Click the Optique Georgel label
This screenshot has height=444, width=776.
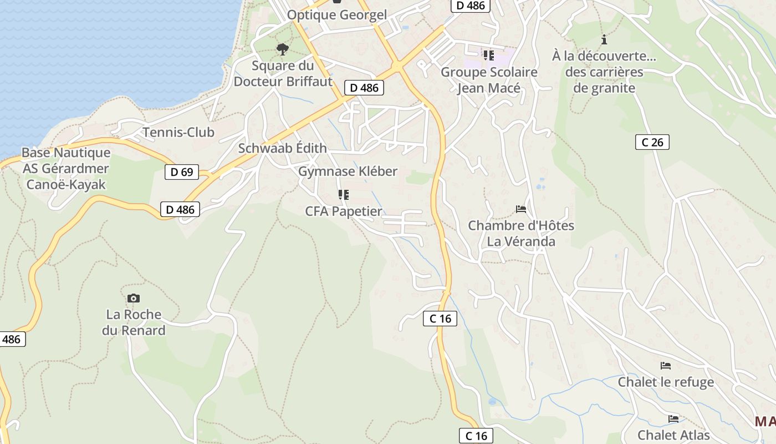point(337,15)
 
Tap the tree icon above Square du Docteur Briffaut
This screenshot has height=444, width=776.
point(283,49)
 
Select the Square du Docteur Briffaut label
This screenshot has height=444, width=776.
point(283,74)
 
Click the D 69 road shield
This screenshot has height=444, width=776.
point(182,172)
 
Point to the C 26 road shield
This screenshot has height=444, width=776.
point(652,142)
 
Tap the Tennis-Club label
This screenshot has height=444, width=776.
point(178,132)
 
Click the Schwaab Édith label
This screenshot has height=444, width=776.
point(282,148)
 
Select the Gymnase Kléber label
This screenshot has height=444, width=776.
point(348,171)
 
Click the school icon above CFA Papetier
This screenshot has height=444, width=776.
point(344,195)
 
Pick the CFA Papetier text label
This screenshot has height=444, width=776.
point(344,211)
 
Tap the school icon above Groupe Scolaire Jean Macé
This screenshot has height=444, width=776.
point(488,55)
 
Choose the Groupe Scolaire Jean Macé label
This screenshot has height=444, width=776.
point(489,80)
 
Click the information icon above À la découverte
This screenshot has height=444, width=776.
point(604,39)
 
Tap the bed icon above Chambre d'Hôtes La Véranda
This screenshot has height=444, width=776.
point(521,209)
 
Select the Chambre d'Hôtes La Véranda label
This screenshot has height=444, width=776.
point(521,234)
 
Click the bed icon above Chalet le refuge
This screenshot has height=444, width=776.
point(666,366)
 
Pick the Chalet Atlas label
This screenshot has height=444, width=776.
point(673,435)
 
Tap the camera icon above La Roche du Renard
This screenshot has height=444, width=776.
point(133,299)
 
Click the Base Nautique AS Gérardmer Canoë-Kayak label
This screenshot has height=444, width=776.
point(66,168)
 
